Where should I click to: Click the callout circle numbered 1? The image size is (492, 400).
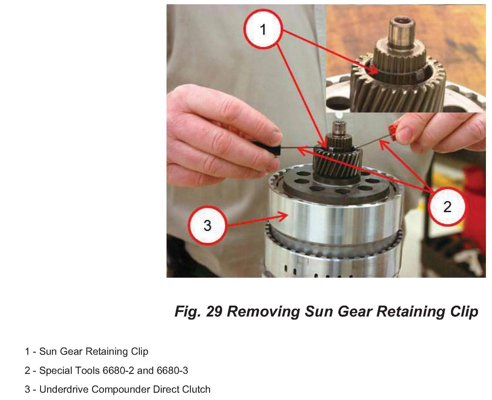click(x=263, y=29)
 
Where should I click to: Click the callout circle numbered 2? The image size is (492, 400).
click(x=447, y=206)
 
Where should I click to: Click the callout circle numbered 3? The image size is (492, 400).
click(x=207, y=225)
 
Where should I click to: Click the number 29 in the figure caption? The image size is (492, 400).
click(x=214, y=311)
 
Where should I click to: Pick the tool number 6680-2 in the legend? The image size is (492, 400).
click(x=118, y=371)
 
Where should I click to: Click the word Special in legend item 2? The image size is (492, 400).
click(x=55, y=371)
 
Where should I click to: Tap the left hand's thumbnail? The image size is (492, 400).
click(x=277, y=134)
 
